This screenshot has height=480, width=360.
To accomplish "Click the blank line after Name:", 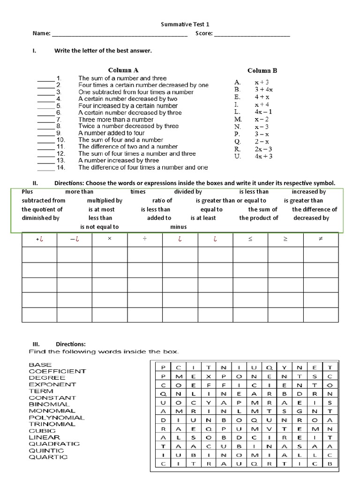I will coord(119,34).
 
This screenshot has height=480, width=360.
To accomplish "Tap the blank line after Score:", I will coord(252,34).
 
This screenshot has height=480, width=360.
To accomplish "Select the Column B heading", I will coord(262,70).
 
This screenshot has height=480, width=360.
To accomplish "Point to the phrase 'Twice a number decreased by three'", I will coord(128,126).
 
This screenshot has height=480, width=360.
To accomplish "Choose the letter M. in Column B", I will coord(237,119).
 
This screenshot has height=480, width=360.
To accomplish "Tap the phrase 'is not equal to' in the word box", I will coord(99,227).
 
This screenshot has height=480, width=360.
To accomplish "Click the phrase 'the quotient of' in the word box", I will coord(42,210).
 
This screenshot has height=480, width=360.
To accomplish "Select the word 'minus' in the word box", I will coord(179,227).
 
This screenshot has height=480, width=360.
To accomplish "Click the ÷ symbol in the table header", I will coord(145,240).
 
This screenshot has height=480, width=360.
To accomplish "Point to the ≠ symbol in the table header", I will coord(321,240).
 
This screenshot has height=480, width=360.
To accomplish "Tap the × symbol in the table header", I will coord(109,240).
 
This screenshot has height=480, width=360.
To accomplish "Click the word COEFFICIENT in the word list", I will coord(57,371).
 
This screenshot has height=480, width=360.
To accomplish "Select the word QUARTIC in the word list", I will coord(48,457).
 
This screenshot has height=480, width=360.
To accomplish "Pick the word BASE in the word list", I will coord(40,365).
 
